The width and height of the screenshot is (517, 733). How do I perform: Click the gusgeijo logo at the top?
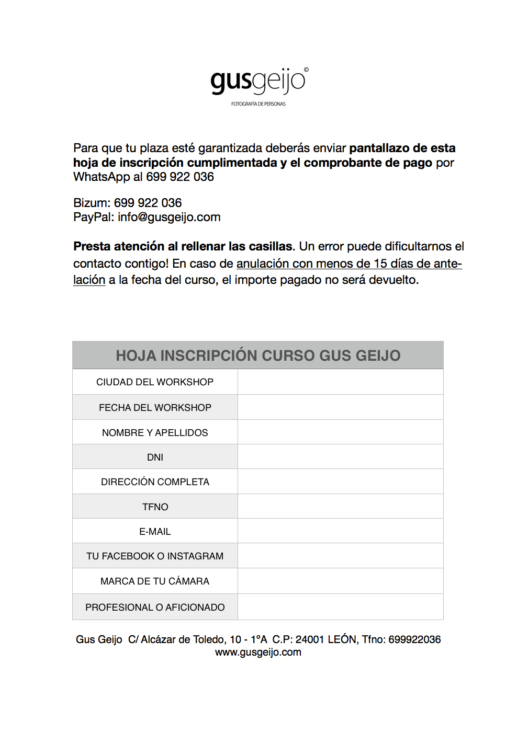tap(257, 81)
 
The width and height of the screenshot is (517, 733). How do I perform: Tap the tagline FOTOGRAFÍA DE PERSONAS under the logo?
tap(258, 104)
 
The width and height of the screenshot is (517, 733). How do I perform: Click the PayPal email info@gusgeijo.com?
tap(169, 217)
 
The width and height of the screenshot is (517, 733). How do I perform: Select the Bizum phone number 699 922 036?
tap(148, 203)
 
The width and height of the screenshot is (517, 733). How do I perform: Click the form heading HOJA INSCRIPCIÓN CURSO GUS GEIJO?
tap(258, 356)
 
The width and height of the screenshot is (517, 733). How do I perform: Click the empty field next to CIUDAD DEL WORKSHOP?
tap(340, 382)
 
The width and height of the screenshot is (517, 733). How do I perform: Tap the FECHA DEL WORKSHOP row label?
tap(155, 408)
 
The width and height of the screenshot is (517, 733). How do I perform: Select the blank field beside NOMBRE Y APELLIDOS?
tap(340, 432)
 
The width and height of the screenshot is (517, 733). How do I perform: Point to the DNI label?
tap(155, 457)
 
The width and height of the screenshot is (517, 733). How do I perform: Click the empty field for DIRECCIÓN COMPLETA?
tap(340, 482)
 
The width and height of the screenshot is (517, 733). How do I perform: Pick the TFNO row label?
tap(155, 507)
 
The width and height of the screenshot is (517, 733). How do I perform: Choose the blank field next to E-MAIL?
tap(340, 531)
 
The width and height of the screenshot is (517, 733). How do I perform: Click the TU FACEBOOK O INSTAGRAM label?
tap(155, 556)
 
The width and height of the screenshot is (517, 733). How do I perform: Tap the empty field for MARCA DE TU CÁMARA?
tap(340, 581)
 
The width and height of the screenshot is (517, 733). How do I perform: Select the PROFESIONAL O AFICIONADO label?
tap(155, 608)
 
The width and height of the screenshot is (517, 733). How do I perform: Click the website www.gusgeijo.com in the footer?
tap(258, 652)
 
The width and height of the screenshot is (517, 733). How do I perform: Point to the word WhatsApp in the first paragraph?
tap(102, 177)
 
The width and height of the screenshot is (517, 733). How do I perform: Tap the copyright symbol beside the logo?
tap(306, 70)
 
